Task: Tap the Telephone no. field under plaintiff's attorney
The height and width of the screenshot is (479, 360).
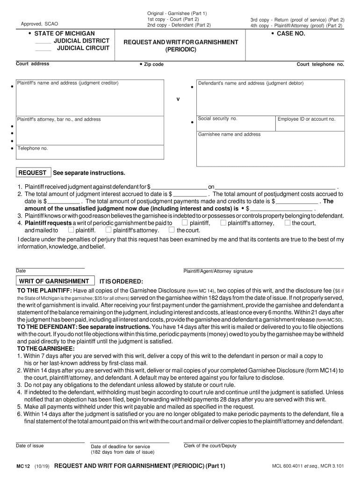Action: click(90, 152)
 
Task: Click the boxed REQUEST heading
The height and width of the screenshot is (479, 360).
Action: click(32, 173)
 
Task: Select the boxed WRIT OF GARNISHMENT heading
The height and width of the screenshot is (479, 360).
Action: click(54, 281)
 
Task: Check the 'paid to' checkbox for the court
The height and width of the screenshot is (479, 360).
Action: click(287, 223)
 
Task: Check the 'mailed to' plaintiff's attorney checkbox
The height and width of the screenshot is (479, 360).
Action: click(108, 230)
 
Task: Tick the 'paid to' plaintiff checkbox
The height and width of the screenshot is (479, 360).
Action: click(185, 223)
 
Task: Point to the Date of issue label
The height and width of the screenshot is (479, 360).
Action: click(30, 446)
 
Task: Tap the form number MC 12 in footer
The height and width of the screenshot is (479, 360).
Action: click(23, 466)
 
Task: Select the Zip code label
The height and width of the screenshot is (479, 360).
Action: click(153, 65)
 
